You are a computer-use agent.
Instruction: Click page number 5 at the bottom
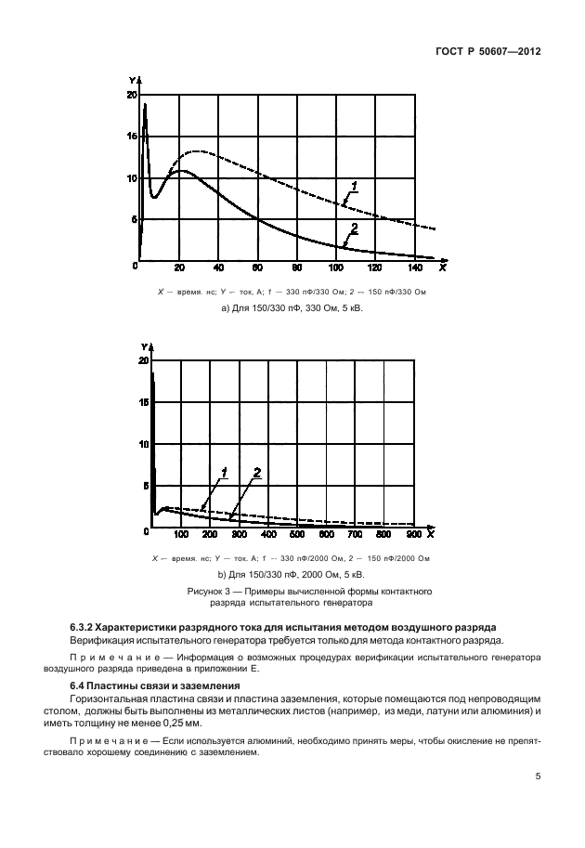pyautogui.click(x=538, y=777)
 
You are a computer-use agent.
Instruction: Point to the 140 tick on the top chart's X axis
pyautogui.click(x=413, y=268)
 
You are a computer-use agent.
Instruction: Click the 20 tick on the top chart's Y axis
pyautogui.click(x=131, y=96)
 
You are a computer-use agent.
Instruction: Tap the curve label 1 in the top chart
pyautogui.click(x=353, y=186)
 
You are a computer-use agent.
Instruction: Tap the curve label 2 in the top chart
pyautogui.click(x=354, y=228)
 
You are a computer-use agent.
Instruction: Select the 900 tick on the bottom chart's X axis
pyautogui.click(x=413, y=535)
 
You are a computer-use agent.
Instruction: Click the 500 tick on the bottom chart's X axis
pyautogui.click(x=297, y=535)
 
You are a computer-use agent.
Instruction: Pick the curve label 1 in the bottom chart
pyautogui.click(x=224, y=473)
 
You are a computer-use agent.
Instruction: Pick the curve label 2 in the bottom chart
pyautogui.click(x=257, y=473)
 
